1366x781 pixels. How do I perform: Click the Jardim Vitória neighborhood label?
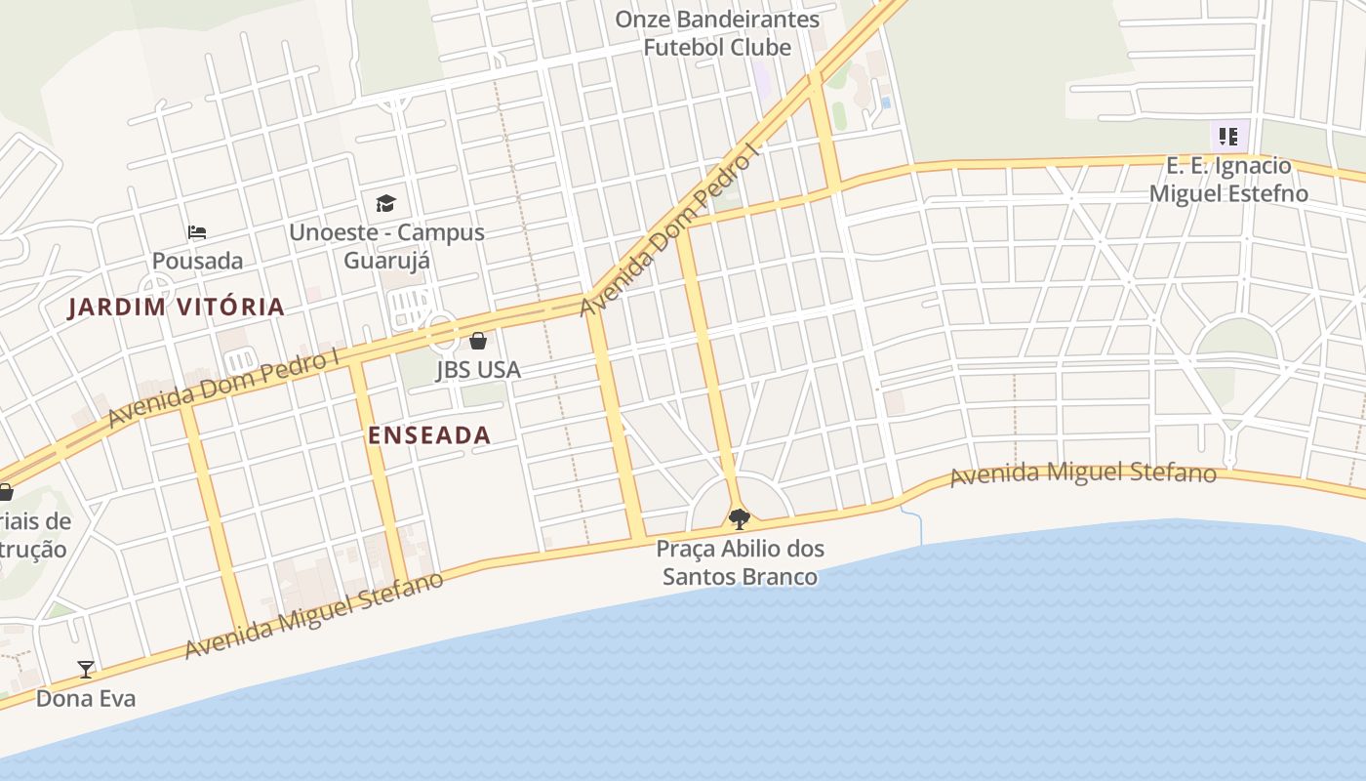pos(177,308)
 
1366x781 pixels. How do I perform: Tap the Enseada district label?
pos(429,435)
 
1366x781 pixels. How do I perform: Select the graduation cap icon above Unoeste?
pos(386,203)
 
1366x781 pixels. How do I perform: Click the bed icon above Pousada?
pos(197,232)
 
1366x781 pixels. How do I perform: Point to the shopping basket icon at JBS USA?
pos(478,341)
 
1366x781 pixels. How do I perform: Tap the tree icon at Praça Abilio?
pos(740,518)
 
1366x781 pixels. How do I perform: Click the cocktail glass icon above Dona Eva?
pos(86,670)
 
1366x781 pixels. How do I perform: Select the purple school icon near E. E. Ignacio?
pos(1227,136)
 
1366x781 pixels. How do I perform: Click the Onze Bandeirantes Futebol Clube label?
pos(717,33)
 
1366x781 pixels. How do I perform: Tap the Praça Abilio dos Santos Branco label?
pos(740,562)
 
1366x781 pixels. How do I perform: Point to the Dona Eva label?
pos(86,699)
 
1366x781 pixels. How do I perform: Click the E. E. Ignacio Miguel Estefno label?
pos(1227,180)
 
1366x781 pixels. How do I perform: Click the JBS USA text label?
pos(478,370)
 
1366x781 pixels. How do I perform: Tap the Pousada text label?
pos(197,261)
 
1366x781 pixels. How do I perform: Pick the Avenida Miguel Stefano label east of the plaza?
pos(1083,474)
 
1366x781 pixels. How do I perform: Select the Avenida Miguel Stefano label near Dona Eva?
pos(314,615)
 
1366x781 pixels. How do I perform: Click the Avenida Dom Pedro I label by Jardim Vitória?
pos(223,389)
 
